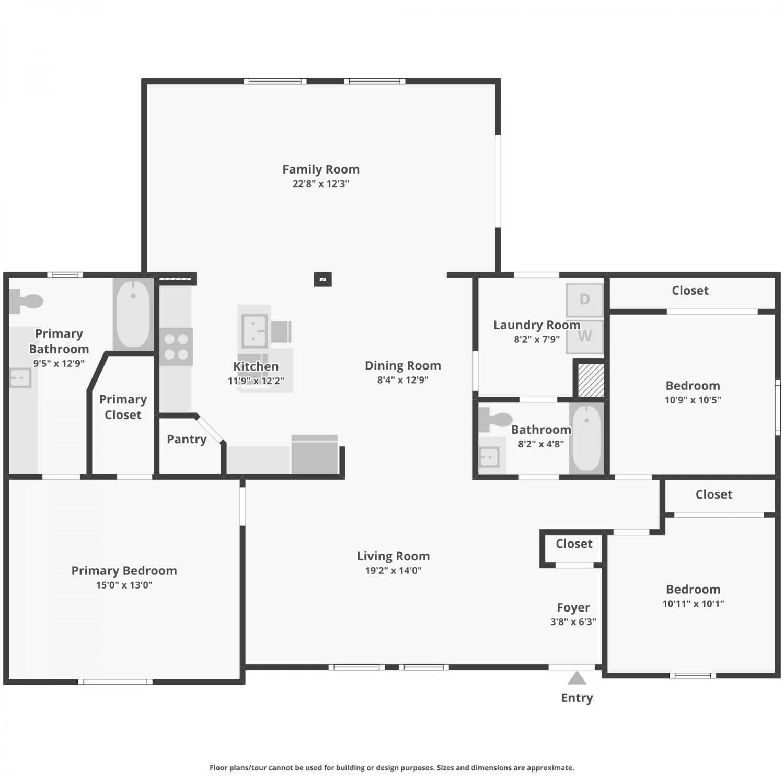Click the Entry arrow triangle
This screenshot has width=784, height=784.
coord(577,678)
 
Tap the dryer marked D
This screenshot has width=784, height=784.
coord(585,299)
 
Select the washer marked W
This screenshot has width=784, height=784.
coord(585,336)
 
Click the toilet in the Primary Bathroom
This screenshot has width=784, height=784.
coord(26,302)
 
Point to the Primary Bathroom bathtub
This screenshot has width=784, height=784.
coord(133,314)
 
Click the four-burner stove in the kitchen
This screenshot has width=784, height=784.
coord(176,347)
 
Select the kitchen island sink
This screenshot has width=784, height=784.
coord(255,330)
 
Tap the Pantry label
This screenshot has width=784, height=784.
coord(187,439)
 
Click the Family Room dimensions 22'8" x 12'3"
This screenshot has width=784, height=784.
coord(321,183)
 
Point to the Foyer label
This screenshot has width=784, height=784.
coord(573,607)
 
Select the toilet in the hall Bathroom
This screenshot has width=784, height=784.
coord(495,419)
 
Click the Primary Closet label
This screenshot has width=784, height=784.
coord(123,407)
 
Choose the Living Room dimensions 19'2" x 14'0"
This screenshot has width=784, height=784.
coord(394,571)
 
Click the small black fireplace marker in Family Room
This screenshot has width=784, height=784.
coord(323,280)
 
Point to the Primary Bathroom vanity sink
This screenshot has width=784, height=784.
coord(20,377)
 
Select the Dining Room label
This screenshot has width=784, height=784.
coord(403,365)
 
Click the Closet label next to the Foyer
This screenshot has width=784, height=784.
coord(574,544)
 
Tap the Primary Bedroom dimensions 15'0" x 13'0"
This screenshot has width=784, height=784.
coord(124,585)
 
